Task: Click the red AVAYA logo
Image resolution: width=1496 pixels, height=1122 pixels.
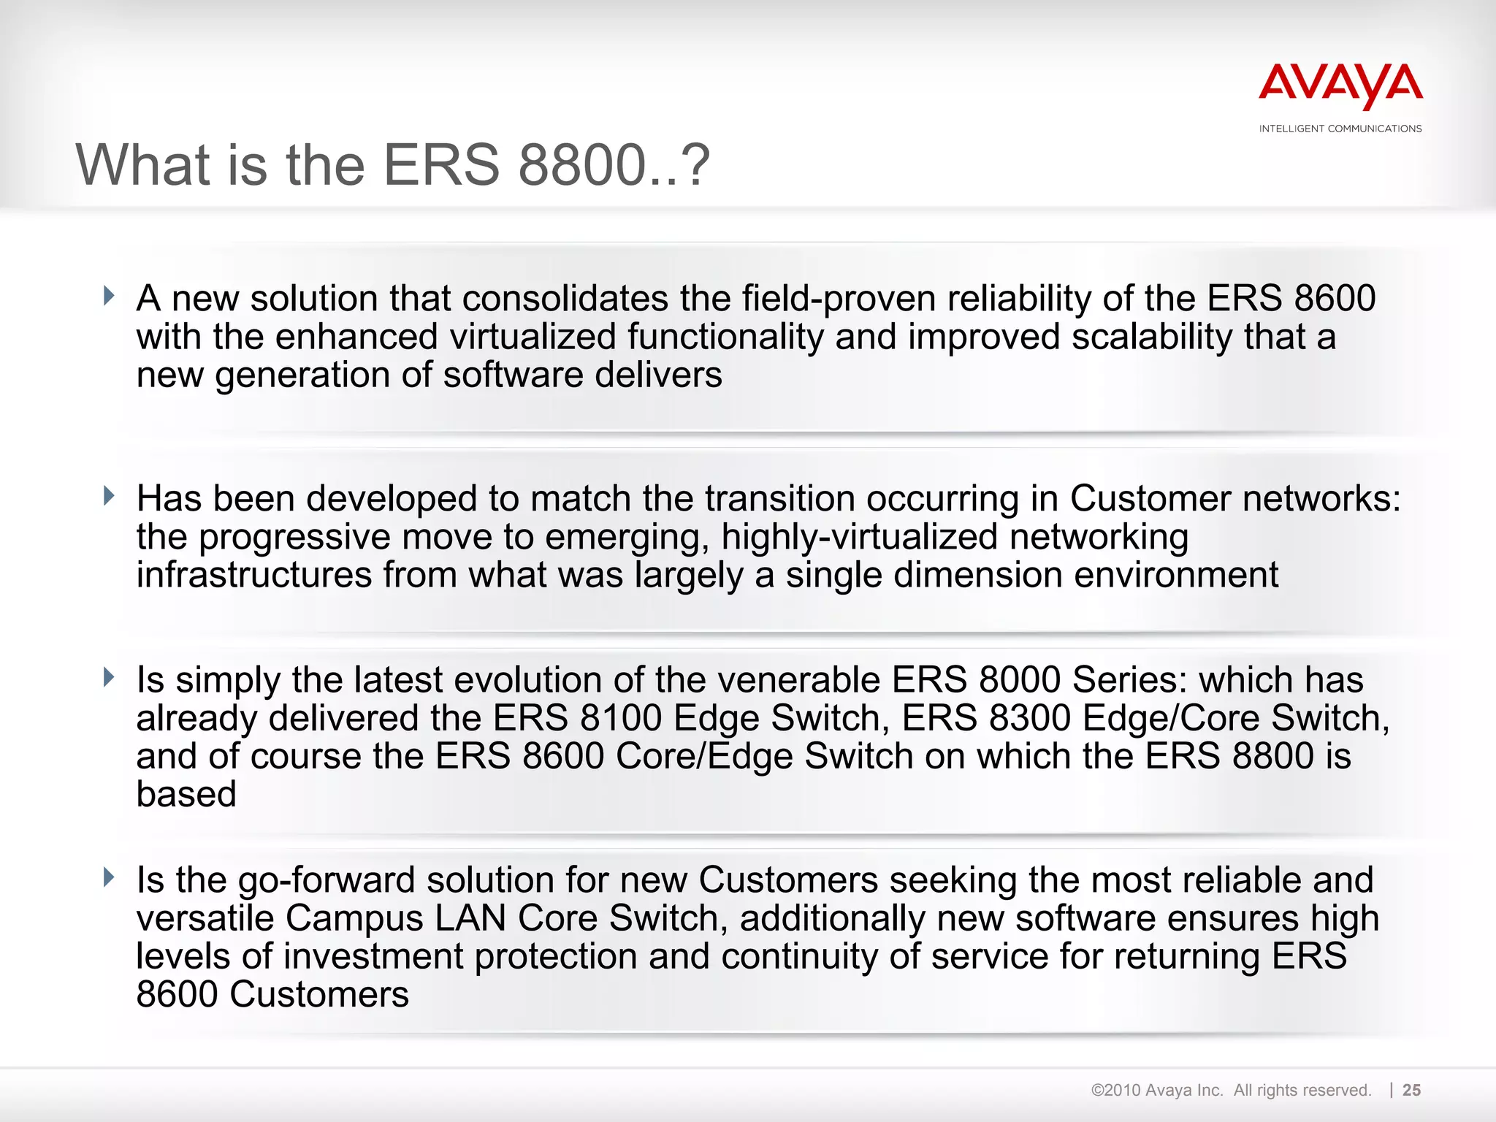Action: click(x=1340, y=85)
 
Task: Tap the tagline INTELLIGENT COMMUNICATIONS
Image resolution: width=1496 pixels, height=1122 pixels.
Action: click(x=1340, y=129)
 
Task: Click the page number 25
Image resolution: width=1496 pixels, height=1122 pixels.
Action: click(x=1411, y=1090)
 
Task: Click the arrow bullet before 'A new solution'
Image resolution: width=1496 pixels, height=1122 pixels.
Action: click(x=110, y=296)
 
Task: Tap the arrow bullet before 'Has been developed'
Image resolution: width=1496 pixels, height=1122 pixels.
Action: click(x=110, y=496)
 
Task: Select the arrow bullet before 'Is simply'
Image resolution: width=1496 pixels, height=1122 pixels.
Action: click(x=110, y=677)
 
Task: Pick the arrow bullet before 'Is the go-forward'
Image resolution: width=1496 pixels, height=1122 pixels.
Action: click(x=110, y=877)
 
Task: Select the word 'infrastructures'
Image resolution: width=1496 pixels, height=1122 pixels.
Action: click(x=254, y=575)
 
